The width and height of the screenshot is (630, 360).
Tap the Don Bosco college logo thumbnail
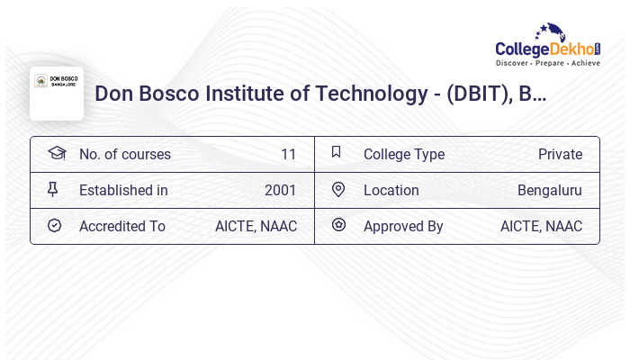pos(57,93)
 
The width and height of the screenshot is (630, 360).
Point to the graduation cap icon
pos(57,153)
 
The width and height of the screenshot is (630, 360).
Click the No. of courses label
pos(125,154)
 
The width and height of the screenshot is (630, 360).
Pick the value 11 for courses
pos(288,154)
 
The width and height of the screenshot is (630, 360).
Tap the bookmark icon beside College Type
pos(336,153)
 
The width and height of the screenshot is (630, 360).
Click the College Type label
pos(404,154)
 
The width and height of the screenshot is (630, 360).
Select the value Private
pos(560,154)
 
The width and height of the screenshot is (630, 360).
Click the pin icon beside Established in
pos(53,189)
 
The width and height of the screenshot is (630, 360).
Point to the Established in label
pos(123,190)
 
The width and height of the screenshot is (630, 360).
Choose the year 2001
pos(280,190)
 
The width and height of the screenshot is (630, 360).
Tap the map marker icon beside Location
pos(338,189)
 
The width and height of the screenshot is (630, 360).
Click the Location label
pos(391,190)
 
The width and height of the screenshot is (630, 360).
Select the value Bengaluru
pos(549,190)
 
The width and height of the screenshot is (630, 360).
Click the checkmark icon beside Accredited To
pos(54,225)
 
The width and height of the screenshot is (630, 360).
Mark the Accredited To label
pos(122,226)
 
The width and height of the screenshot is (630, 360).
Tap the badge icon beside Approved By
pos(338,225)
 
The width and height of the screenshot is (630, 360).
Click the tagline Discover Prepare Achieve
pos(548,63)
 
